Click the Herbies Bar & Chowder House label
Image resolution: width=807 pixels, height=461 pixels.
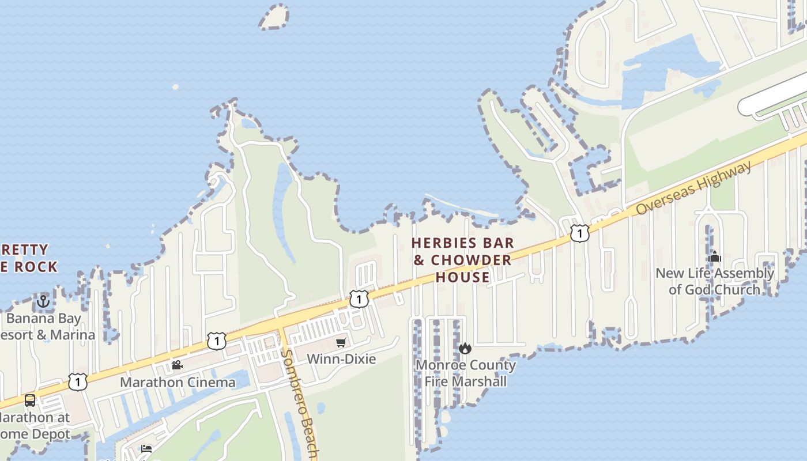pyautogui.click(x=462, y=260)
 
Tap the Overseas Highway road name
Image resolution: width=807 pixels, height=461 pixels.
pyautogui.click(x=694, y=188)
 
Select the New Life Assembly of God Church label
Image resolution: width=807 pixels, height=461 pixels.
pyautogui.click(x=714, y=281)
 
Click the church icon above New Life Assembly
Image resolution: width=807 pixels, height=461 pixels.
pyautogui.click(x=715, y=257)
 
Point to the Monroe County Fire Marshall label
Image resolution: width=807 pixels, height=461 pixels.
pyautogui.click(x=466, y=373)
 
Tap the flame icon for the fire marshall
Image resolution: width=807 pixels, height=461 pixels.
pyautogui.click(x=465, y=348)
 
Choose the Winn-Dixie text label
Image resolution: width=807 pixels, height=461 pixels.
pyautogui.click(x=341, y=359)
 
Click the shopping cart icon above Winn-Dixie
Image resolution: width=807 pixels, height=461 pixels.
pyautogui.click(x=341, y=343)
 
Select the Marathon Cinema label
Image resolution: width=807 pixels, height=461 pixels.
pyautogui.click(x=178, y=382)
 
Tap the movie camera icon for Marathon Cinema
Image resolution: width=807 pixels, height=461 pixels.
pyautogui.click(x=177, y=365)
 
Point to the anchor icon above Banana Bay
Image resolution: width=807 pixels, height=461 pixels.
pyautogui.click(x=43, y=301)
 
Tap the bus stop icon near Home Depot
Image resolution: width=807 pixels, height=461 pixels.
pyautogui.click(x=30, y=400)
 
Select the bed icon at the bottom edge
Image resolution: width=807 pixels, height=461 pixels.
pyautogui.click(x=146, y=449)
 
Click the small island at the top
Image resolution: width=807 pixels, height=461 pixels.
pyautogui.click(x=274, y=17)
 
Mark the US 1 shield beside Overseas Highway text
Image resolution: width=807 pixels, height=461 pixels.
pyautogui.click(x=580, y=233)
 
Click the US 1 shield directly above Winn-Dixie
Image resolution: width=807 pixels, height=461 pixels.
pyautogui.click(x=359, y=299)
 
